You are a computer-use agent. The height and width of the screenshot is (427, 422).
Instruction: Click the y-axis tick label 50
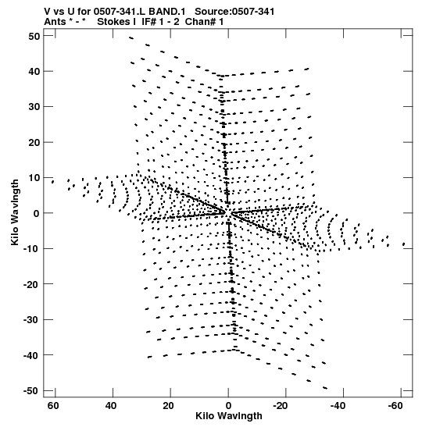[x=34, y=36]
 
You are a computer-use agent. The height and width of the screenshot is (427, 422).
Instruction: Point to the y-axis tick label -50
[x=31, y=391]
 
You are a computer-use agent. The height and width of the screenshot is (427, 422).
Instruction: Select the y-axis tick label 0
[x=37, y=214]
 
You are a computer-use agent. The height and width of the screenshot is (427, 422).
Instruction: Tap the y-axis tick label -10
[x=31, y=249]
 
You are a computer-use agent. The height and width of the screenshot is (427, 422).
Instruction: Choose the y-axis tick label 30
[x=34, y=107]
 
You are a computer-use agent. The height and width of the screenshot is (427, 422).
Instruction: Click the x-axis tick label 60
[x=53, y=406]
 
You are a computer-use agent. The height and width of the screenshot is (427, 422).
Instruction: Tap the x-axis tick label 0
[x=228, y=406]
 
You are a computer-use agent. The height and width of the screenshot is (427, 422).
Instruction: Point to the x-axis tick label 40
[x=111, y=406]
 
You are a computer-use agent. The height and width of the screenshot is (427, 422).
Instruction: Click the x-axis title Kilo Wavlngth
[x=229, y=416]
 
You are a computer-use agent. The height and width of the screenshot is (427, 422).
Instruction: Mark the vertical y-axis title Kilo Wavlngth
[x=15, y=212]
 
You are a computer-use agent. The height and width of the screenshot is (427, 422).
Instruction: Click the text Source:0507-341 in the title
[x=234, y=12]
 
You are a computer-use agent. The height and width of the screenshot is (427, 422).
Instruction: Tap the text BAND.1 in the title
[x=171, y=12]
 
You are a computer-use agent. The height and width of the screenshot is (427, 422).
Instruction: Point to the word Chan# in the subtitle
[x=200, y=22]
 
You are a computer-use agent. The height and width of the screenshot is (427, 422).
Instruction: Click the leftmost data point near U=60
[x=52, y=182]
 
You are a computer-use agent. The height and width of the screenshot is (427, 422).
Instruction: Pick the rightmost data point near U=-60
[x=403, y=244]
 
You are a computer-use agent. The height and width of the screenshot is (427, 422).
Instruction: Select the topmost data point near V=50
[x=131, y=38]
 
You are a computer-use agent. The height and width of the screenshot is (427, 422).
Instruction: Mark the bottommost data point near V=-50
[x=324, y=388]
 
